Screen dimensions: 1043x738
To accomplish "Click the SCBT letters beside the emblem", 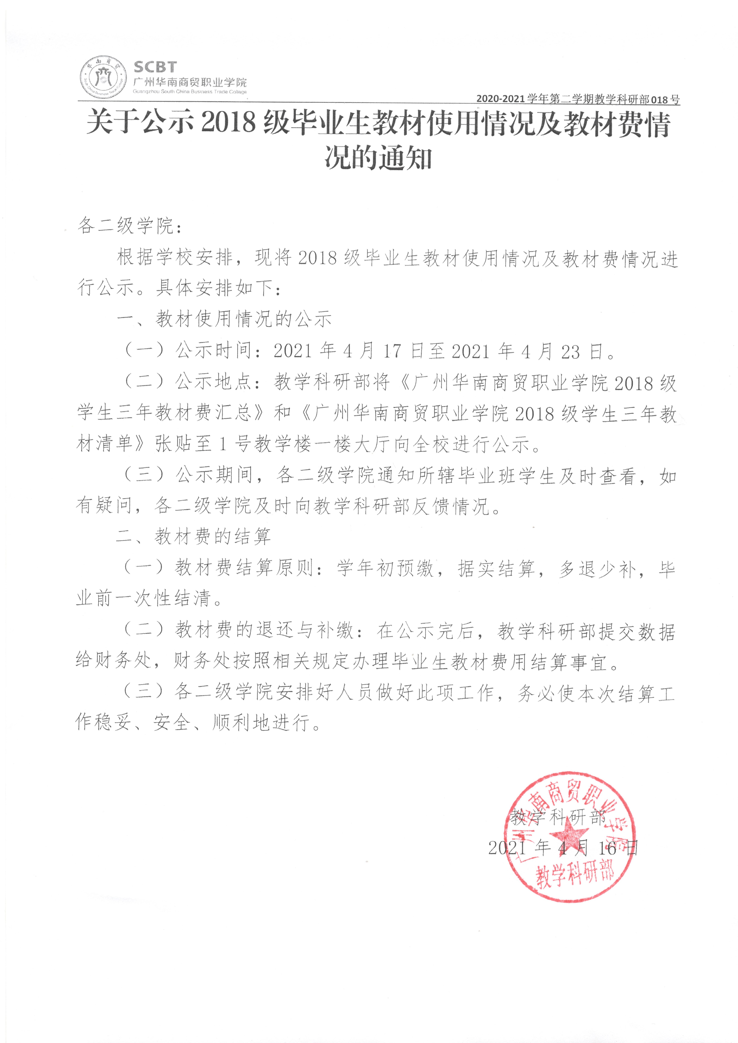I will [x=155, y=67].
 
